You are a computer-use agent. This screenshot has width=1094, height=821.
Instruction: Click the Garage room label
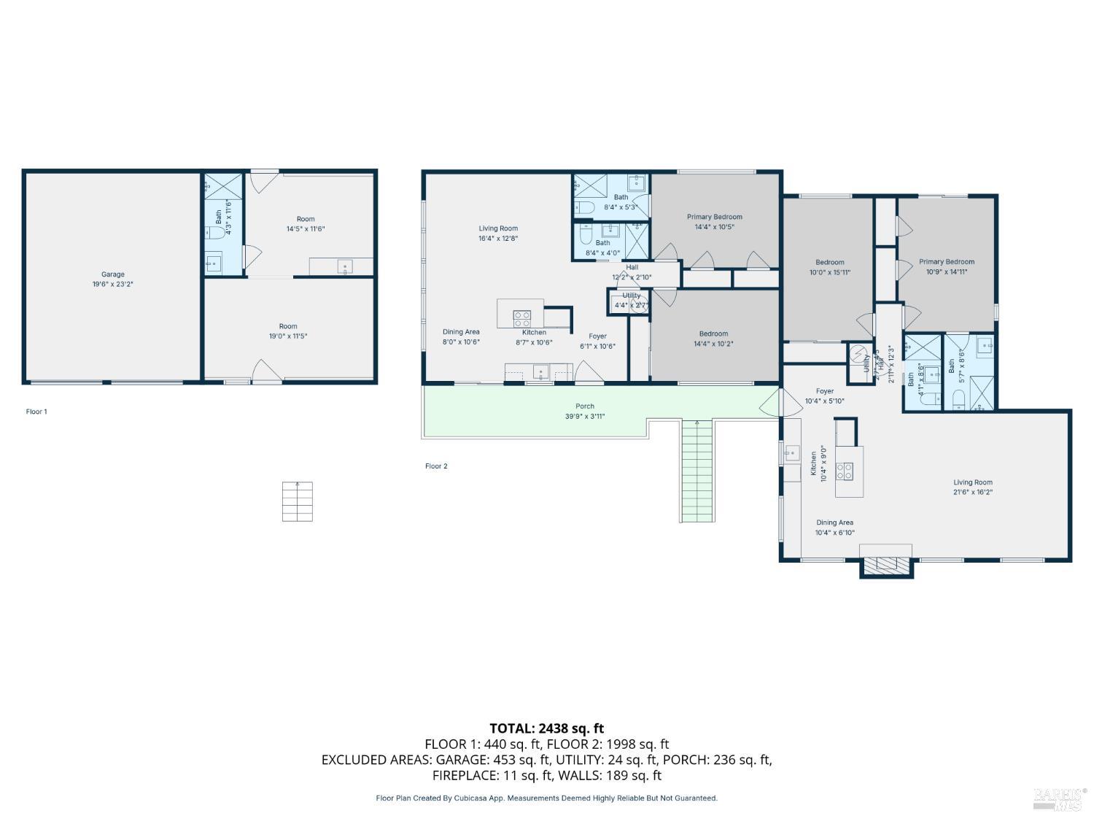point(112,274)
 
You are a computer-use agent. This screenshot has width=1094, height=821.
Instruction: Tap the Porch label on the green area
point(584,406)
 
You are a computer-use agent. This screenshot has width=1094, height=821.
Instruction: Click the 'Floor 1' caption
point(36,412)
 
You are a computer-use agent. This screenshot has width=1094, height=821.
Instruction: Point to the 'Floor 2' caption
point(436,466)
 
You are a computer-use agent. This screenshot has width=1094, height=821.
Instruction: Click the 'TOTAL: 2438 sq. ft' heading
point(546,728)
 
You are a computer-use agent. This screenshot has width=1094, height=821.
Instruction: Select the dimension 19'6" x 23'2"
point(112,285)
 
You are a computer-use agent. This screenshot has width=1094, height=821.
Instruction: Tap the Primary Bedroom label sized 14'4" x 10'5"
point(714,217)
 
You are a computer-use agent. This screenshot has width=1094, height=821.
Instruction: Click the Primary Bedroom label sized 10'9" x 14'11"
point(946,262)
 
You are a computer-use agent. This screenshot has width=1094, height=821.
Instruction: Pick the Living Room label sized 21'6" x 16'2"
point(973,482)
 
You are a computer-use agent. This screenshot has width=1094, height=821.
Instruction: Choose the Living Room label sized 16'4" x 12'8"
point(498,228)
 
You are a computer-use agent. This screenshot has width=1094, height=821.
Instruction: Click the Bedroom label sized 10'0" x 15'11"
point(829,263)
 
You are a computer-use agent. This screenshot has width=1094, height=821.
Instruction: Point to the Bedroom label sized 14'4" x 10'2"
point(713,334)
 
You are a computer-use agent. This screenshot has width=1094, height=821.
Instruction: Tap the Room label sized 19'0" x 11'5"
point(288,327)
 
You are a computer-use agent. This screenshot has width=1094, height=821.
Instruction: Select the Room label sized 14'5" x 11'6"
point(306,219)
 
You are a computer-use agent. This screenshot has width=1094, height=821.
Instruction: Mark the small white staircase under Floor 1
point(298,501)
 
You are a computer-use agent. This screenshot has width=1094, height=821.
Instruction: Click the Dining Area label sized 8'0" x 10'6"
point(461,332)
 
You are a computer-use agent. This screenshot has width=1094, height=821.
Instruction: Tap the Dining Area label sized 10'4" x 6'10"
point(834,523)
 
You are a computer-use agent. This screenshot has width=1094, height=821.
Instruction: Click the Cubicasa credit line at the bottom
point(546,798)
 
